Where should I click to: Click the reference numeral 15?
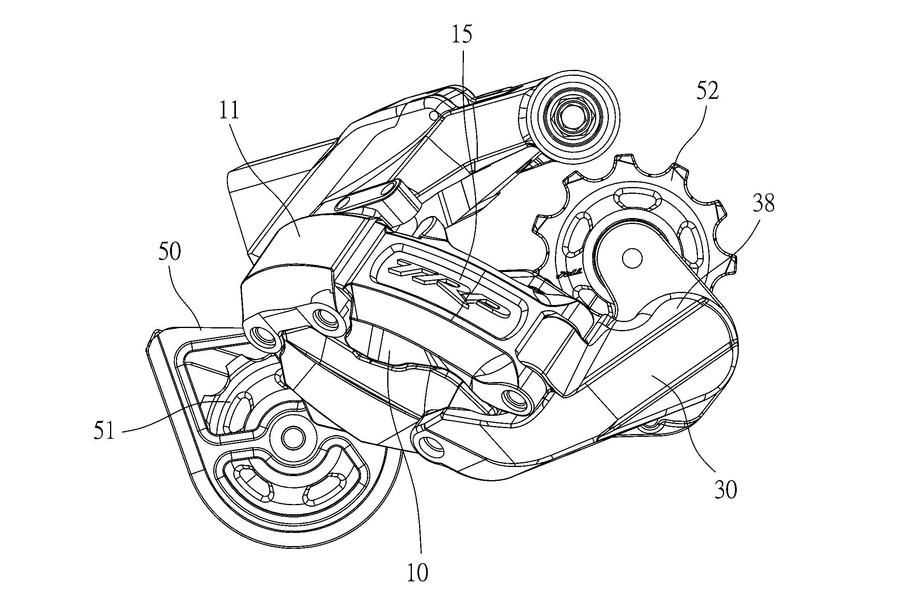coord(462,35)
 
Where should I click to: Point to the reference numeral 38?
coord(763,204)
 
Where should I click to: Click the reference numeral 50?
coord(170,252)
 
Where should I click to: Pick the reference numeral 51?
coord(104,431)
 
